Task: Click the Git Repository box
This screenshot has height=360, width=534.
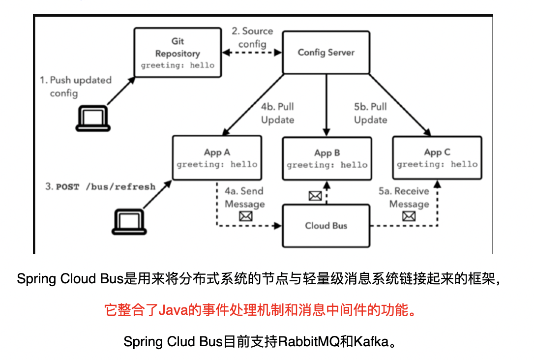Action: coord(178,53)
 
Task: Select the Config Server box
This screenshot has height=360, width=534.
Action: coord(326,53)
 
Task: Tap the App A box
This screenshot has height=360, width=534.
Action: coord(217,157)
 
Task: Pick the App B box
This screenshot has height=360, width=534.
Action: coord(326,158)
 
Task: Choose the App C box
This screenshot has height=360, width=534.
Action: coord(437,157)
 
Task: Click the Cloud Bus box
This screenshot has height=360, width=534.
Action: coord(326,226)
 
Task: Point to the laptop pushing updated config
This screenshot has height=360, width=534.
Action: coord(92,118)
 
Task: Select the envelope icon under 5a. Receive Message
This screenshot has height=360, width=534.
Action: coord(409,216)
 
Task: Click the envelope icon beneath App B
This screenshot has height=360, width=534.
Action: coord(315,196)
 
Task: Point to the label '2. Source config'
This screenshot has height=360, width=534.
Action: coord(252,37)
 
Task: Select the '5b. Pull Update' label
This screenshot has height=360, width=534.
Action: coord(370,114)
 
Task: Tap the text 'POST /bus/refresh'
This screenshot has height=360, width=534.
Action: coord(106,187)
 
